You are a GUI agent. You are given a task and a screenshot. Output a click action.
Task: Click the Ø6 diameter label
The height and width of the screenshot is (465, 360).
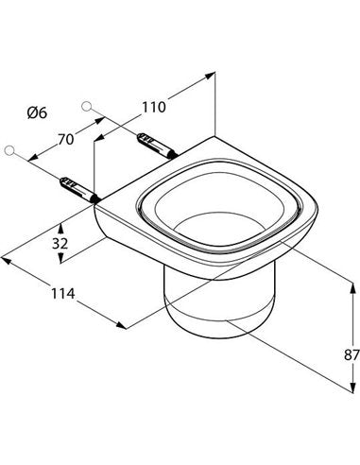[x=37, y=112]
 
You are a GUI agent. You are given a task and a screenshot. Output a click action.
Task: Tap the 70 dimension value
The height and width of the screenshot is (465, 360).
[x=65, y=139]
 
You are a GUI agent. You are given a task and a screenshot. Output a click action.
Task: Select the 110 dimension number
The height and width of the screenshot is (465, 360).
[x=154, y=107]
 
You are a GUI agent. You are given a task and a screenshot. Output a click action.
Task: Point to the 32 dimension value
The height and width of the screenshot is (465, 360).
[x=60, y=243]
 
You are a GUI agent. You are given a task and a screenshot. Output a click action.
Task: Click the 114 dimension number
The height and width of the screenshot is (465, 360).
[x=63, y=294]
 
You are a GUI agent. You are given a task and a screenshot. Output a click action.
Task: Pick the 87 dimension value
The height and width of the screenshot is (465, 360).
[x=351, y=355]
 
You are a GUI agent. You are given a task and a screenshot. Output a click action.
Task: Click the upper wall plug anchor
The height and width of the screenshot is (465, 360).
[x=157, y=146]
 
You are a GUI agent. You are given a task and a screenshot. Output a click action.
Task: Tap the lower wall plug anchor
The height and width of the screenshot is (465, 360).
[x=79, y=190]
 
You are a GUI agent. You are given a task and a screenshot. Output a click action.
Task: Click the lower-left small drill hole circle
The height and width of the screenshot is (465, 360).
[x=9, y=150]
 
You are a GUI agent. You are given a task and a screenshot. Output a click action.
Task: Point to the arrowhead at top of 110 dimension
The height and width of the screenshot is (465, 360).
[x=211, y=75]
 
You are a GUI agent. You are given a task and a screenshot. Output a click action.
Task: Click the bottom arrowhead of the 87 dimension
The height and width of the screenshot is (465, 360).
[x=351, y=387]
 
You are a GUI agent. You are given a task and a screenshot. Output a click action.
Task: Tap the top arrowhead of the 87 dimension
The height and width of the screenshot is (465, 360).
[x=351, y=286]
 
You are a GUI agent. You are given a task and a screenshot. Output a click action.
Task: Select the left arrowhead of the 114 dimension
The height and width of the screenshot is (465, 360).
[x=7, y=260]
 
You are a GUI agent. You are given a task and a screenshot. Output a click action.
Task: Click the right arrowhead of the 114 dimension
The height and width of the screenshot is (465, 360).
[x=121, y=325]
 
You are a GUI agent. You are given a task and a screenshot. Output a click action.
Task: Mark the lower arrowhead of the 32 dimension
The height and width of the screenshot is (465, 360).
[x=61, y=258]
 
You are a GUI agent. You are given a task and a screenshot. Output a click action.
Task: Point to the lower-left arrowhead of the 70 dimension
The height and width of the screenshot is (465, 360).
[x=33, y=158]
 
